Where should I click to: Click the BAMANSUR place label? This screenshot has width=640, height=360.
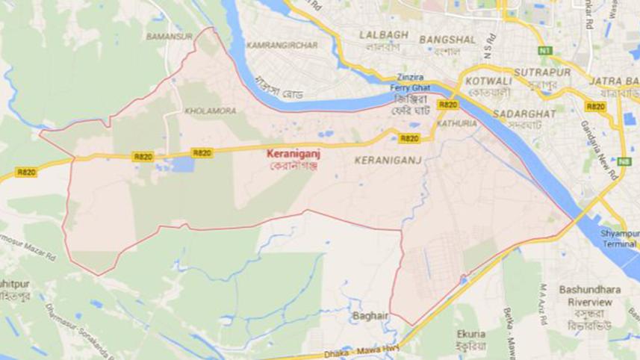point(169,35)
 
